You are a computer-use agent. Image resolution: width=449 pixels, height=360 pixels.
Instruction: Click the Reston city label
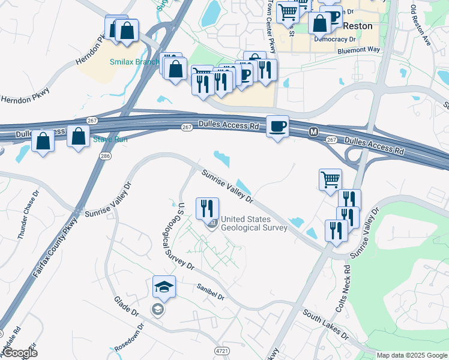[x=358, y=26]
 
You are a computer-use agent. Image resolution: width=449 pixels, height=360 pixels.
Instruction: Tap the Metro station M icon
[x=313, y=131]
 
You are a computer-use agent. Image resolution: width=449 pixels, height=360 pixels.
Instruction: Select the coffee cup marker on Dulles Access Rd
[x=277, y=127]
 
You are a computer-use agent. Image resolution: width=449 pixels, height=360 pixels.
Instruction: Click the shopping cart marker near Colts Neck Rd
[x=330, y=179]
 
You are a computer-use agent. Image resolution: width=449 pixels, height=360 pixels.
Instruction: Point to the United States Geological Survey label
[x=246, y=224]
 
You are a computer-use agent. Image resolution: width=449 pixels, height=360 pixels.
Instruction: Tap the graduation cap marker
[x=164, y=287]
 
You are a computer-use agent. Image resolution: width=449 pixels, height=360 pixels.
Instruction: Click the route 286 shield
[x=106, y=156]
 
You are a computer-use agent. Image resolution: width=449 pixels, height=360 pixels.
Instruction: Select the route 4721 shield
[x=220, y=350]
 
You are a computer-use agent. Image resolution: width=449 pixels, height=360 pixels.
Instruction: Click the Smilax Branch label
[x=134, y=62]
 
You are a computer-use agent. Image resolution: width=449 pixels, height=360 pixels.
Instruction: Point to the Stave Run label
[x=110, y=140]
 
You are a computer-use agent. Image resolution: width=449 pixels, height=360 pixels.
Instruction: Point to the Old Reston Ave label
[x=421, y=25]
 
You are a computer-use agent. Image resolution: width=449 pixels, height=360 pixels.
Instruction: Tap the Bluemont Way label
[x=359, y=50]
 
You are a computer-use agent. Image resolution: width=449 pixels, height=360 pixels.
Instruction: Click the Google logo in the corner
[x=19, y=353]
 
